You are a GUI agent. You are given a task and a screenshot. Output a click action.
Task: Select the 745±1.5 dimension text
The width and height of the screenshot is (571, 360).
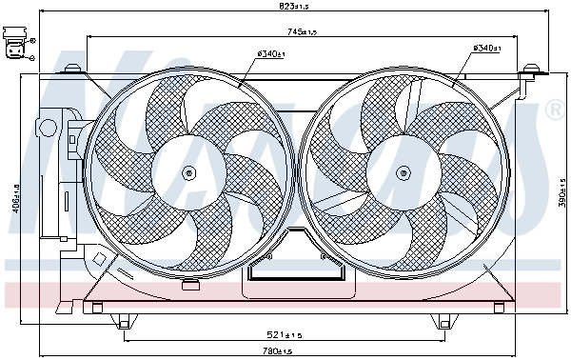304,32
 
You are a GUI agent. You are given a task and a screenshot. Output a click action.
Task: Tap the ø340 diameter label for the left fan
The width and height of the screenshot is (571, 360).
271,54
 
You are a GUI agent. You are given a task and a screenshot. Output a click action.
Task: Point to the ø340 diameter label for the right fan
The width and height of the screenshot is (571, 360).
487,48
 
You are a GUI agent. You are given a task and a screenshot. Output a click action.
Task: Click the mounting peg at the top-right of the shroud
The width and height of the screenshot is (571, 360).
531,70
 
